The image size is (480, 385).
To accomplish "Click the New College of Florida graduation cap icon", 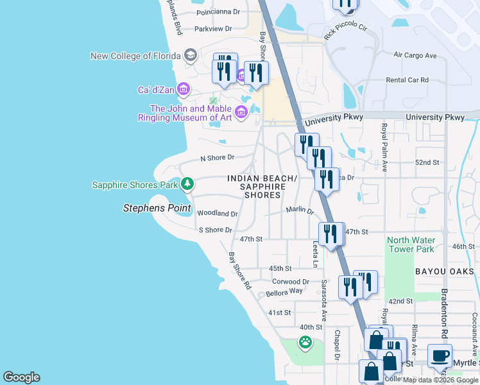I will (190, 56).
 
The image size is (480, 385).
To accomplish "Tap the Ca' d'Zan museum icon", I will (183, 89).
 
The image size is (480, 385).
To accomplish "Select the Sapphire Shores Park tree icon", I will (187, 185).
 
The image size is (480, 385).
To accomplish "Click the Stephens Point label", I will (157, 208).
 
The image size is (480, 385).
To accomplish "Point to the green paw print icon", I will (305, 342).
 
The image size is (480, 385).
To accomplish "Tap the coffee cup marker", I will (440, 355).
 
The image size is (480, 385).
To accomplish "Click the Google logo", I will (21, 377).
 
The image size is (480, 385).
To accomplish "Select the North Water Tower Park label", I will (411, 244).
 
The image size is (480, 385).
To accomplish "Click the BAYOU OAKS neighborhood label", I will (444, 272).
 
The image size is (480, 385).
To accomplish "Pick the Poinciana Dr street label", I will (218, 12).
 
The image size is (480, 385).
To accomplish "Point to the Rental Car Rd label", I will (407, 80).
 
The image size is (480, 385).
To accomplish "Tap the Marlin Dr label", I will (299, 210).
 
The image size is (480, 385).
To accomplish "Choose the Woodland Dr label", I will (218, 213).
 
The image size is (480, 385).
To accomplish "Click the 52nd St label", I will (427, 163).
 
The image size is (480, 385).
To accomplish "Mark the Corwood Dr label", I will (291, 281).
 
